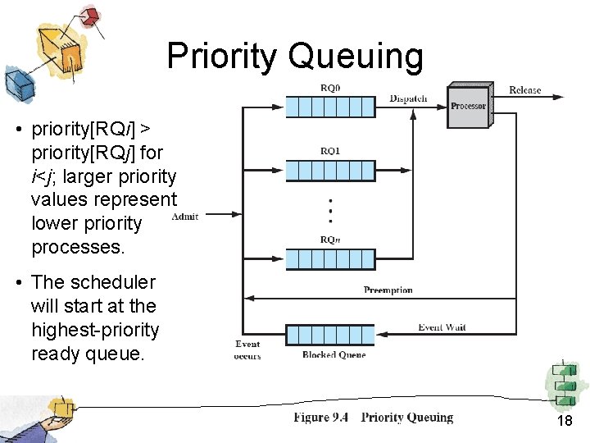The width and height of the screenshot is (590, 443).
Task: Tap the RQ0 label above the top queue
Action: coord(330,89)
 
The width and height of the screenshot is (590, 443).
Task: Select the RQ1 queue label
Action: coord(330,151)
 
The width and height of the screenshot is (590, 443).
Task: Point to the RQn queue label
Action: coord(330,240)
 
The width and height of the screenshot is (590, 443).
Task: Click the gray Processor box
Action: coord(469,105)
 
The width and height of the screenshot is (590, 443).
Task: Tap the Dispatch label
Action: coord(408,98)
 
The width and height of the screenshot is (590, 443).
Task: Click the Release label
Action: coord(524,89)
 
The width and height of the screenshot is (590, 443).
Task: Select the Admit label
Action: coord(185,217)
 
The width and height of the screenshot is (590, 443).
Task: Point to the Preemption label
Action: coord(388,290)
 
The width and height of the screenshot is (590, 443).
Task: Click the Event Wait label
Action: coord(442,327)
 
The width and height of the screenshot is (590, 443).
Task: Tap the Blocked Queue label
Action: coord(334,354)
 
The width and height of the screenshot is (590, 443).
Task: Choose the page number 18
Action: coord(565,421)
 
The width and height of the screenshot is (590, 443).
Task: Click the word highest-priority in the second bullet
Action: coord(95,330)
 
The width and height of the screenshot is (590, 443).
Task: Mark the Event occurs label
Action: coord(247,349)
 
